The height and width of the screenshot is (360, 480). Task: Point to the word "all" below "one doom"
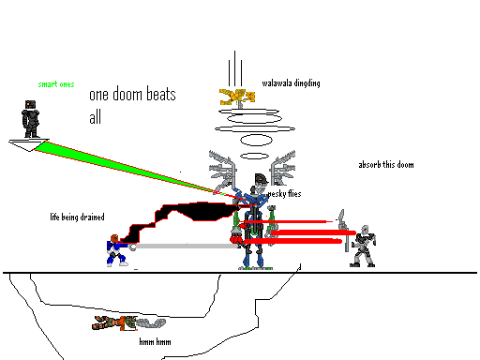[x=95, y=118]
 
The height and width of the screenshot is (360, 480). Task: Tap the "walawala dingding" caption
[x=291, y=83]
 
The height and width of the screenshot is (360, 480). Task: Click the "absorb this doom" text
[x=385, y=165]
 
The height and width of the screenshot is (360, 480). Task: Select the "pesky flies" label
[x=284, y=194]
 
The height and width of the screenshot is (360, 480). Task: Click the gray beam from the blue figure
[x=187, y=246]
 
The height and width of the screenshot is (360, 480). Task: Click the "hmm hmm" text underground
[x=155, y=341]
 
